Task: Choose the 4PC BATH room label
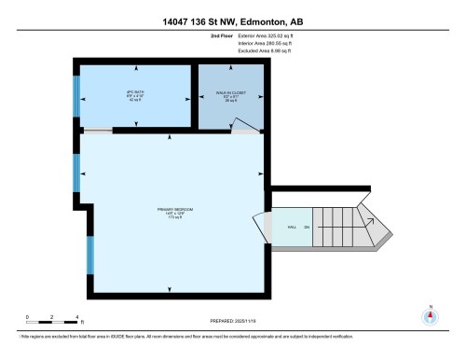pyautogui.click(x=135, y=94)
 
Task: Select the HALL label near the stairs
pyautogui.click(x=292, y=226)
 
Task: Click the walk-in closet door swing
pyautogui.click(x=246, y=127)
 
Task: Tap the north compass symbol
pyautogui.click(x=430, y=315)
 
